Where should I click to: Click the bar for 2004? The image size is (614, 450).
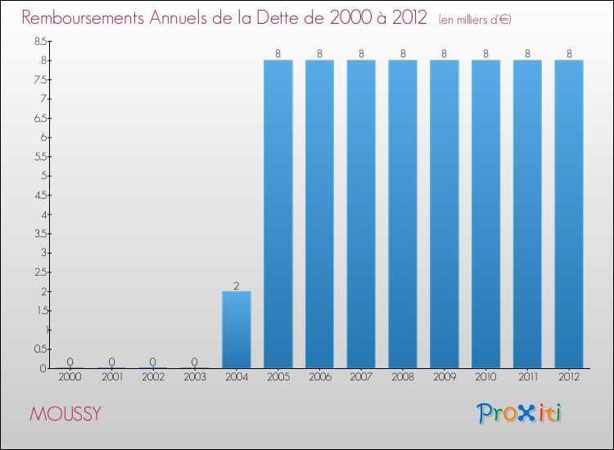tap(237, 330)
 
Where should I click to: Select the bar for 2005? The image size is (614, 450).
tap(278, 214)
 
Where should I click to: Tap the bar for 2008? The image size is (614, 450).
tap(403, 214)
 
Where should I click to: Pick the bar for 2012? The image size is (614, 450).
tap(569, 214)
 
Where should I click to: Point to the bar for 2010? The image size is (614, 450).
tap(485, 214)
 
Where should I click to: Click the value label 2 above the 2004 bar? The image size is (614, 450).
tap(237, 286)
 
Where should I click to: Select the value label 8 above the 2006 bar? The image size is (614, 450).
tap(320, 54)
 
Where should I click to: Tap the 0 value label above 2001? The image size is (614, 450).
tap(111, 362)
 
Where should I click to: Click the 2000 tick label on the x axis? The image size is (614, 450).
tap(70, 376)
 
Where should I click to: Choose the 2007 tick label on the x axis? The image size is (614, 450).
tap(361, 376)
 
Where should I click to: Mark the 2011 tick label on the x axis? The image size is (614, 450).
tap(527, 376)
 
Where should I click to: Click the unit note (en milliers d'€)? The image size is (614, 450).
tap(475, 19)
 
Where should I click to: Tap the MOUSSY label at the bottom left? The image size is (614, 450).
tap(65, 414)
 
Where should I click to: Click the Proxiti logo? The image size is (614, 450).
tap(520, 413)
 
